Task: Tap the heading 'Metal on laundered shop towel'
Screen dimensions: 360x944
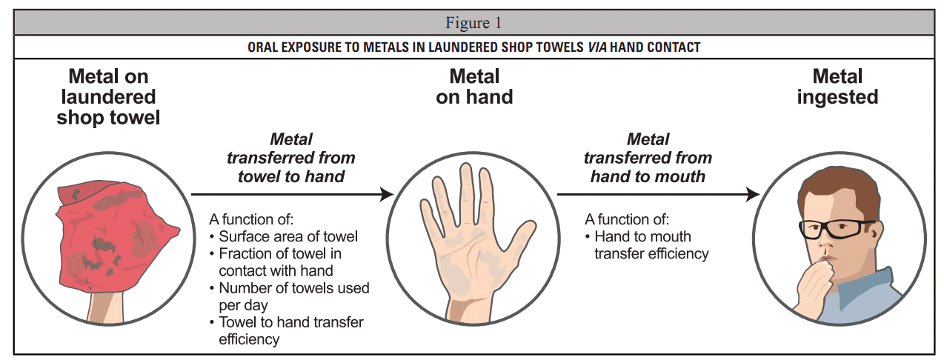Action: point(108,96)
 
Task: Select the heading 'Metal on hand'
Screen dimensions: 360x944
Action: point(474,86)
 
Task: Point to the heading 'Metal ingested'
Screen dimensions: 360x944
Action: point(837,86)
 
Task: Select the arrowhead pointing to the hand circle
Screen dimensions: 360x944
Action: point(386,194)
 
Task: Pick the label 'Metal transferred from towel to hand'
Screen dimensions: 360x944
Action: point(291,158)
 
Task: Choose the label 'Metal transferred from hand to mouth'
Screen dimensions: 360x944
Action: point(648,158)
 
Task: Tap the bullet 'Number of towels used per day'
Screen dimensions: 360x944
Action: point(293,296)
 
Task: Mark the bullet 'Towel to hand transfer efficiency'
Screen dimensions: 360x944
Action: point(290,330)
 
